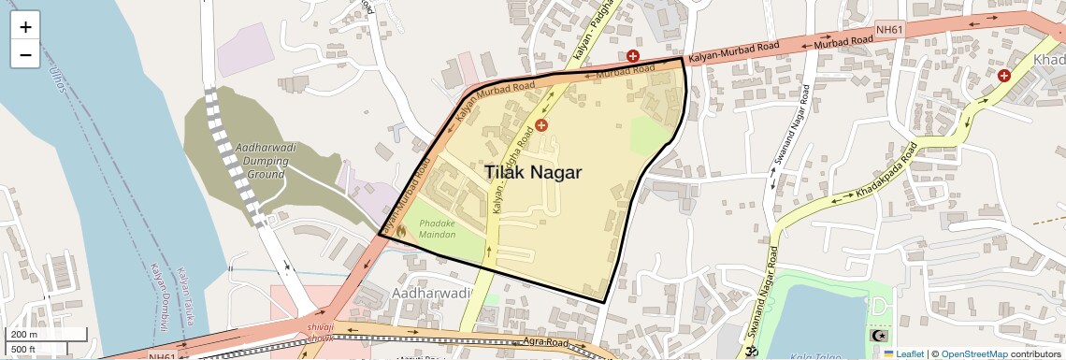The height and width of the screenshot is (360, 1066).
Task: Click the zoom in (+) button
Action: click(25, 27)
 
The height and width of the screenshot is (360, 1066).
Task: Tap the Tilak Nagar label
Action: click(533, 172)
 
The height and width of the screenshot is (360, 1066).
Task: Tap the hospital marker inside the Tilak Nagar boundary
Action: click(540, 124)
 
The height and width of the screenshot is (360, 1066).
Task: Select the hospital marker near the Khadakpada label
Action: click(1003, 75)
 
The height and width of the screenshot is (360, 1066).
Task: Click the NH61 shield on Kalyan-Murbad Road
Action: click(889, 30)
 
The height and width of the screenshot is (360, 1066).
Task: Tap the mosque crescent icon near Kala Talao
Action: click(877, 335)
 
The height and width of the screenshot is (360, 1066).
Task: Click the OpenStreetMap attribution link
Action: click(973, 353)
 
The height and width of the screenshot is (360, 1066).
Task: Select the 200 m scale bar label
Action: click(24, 334)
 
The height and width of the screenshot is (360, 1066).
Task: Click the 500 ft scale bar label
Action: click(24, 350)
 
